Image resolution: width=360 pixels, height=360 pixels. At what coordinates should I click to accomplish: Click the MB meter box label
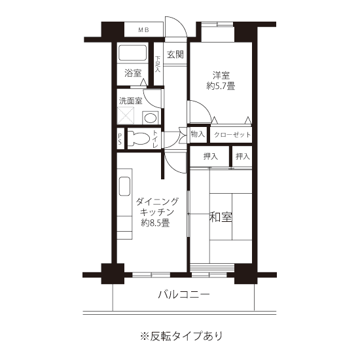click(x=144, y=30)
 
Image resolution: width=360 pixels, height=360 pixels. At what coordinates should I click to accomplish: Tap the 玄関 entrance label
click(x=175, y=54)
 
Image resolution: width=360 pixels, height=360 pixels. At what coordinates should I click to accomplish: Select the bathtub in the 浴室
click(x=132, y=53)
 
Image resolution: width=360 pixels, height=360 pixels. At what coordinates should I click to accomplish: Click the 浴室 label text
click(x=133, y=73)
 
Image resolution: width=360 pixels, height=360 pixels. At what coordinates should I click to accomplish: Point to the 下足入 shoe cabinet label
click(x=158, y=64)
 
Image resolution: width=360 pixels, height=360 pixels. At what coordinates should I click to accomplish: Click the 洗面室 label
click(x=131, y=101)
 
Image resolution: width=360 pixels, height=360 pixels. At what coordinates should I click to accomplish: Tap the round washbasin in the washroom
click(x=151, y=118)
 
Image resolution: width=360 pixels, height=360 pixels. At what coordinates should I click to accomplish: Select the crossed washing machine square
click(x=126, y=115)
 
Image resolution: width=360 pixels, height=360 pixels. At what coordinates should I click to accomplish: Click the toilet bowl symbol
click(x=138, y=138)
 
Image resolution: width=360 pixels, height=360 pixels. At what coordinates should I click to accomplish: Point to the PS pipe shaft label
click(x=120, y=139)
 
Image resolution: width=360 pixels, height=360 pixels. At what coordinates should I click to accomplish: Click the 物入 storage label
click(x=198, y=134)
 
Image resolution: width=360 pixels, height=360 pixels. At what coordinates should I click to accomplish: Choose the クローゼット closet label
click(x=232, y=135)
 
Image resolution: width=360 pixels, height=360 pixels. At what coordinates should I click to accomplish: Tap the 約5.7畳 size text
click(x=221, y=86)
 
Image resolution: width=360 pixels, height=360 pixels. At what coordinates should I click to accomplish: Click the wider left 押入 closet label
click(x=211, y=156)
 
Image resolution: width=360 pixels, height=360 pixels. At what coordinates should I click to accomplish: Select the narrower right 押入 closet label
click(x=242, y=156)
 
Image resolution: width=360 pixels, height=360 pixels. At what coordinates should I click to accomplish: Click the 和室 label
click(x=221, y=217)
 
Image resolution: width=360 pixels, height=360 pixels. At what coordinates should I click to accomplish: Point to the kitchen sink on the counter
click(x=124, y=186)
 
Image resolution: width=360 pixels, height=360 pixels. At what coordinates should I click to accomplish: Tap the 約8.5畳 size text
click(x=155, y=223)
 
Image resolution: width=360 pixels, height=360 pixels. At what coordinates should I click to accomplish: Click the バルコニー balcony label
click(x=184, y=295)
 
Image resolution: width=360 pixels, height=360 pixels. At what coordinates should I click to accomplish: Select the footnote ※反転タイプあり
click(x=181, y=336)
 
